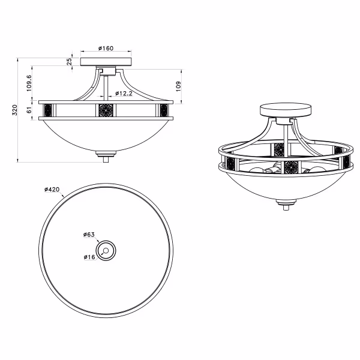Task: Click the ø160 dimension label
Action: (x=106, y=49)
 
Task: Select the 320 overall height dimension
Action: (x=13, y=111)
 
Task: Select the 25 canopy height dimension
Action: (x=70, y=61)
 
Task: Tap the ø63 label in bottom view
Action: (x=90, y=235)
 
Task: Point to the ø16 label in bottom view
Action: (x=91, y=257)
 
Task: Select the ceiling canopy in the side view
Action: (x=106, y=62)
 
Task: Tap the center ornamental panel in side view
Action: (x=106, y=110)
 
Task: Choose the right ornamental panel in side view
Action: (x=164, y=110)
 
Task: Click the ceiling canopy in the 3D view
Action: (x=285, y=111)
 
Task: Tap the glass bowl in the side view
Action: (x=106, y=135)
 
